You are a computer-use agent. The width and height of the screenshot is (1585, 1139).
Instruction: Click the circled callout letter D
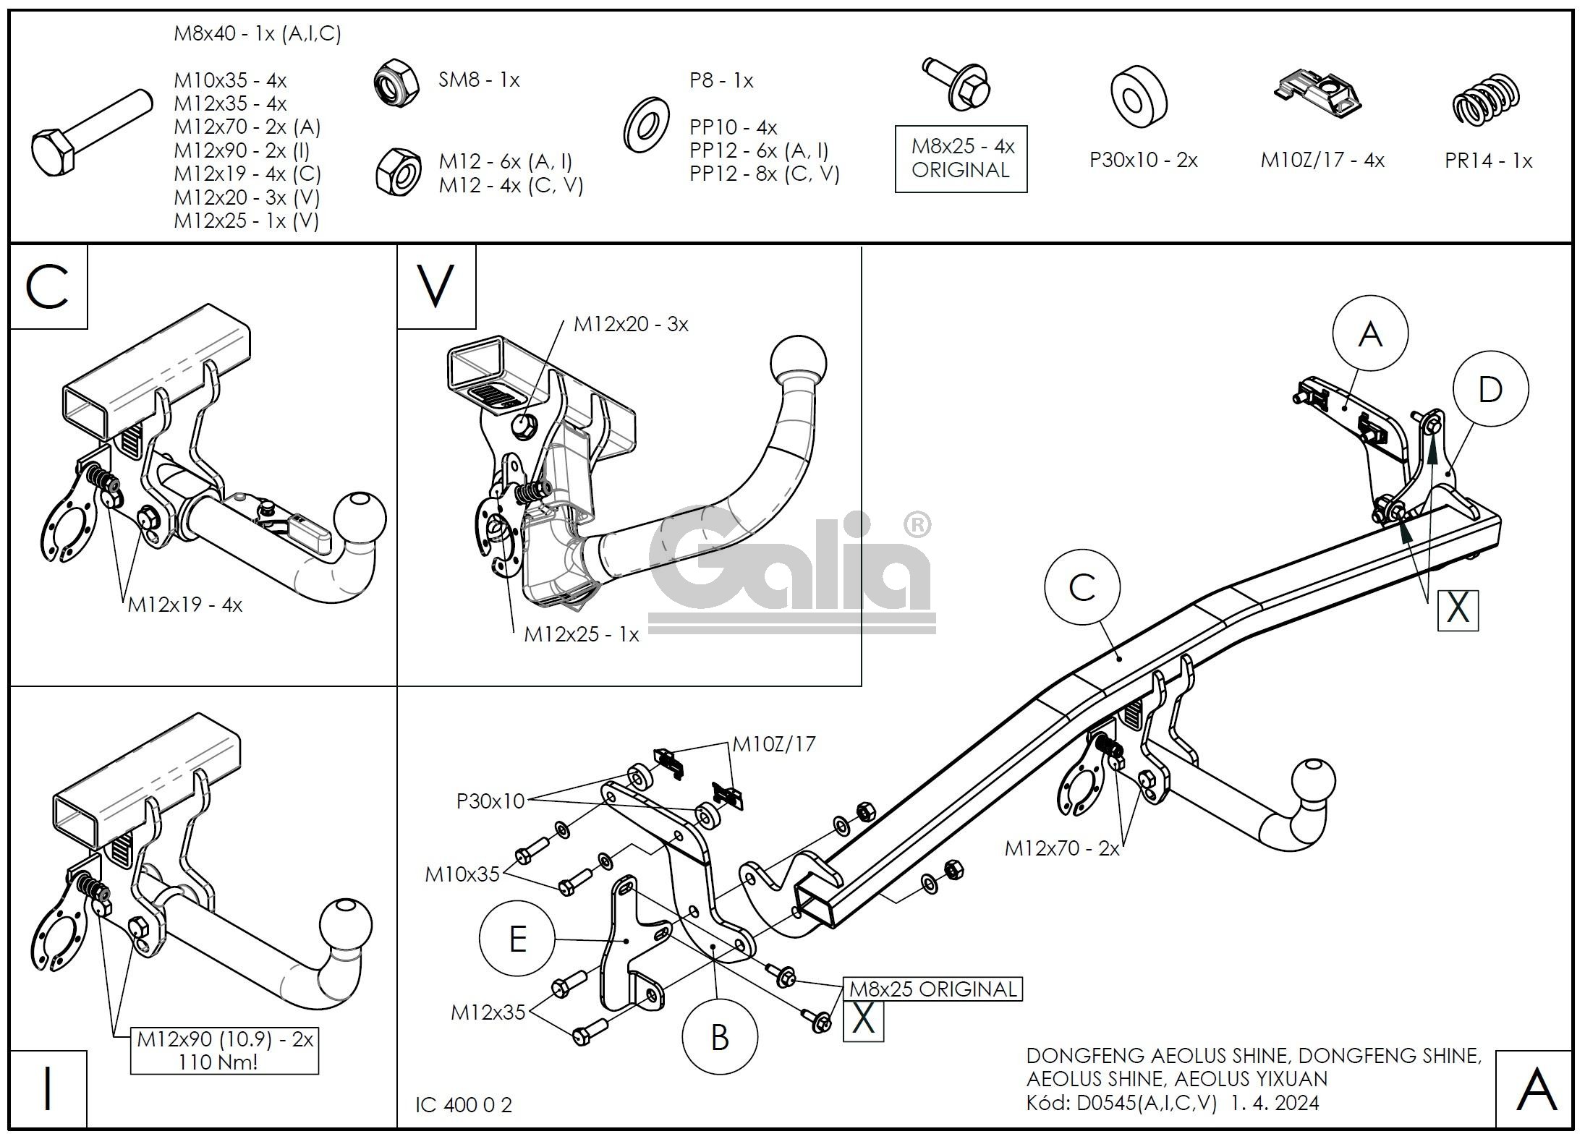click(x=1490, y=391)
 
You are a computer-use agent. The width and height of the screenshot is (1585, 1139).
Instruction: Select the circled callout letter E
click(x=518, y=939)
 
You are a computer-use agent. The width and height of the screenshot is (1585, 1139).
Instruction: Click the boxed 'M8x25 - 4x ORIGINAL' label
click(x=961, y=158)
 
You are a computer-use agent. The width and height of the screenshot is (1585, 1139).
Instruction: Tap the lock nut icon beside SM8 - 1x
click(x=396, y=81)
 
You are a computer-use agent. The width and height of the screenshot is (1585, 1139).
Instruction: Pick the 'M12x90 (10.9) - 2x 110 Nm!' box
click(x=224, y=1050)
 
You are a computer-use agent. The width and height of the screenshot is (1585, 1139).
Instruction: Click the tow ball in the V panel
click(x=799, y=362)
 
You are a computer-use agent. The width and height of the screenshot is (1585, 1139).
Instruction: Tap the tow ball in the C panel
click(x=360, y=518)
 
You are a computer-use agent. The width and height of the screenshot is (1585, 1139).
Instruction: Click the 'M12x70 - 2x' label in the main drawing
click(x=1061, y=848)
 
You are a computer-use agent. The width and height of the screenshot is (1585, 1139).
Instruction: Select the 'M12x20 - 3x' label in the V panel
click(x=631, y=325)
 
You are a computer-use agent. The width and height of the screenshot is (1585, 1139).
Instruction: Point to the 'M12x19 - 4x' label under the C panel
click(x=185, y=605)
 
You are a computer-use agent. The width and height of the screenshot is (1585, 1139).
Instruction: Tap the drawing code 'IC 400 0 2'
click(x=464, y=1105)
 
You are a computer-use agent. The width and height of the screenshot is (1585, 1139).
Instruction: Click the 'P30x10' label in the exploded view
click(x=490, y=801)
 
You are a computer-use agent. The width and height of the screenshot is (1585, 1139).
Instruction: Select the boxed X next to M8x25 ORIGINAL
click(x=863, y=1020)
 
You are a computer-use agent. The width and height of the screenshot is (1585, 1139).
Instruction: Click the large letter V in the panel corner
click(x=436, y=286)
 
